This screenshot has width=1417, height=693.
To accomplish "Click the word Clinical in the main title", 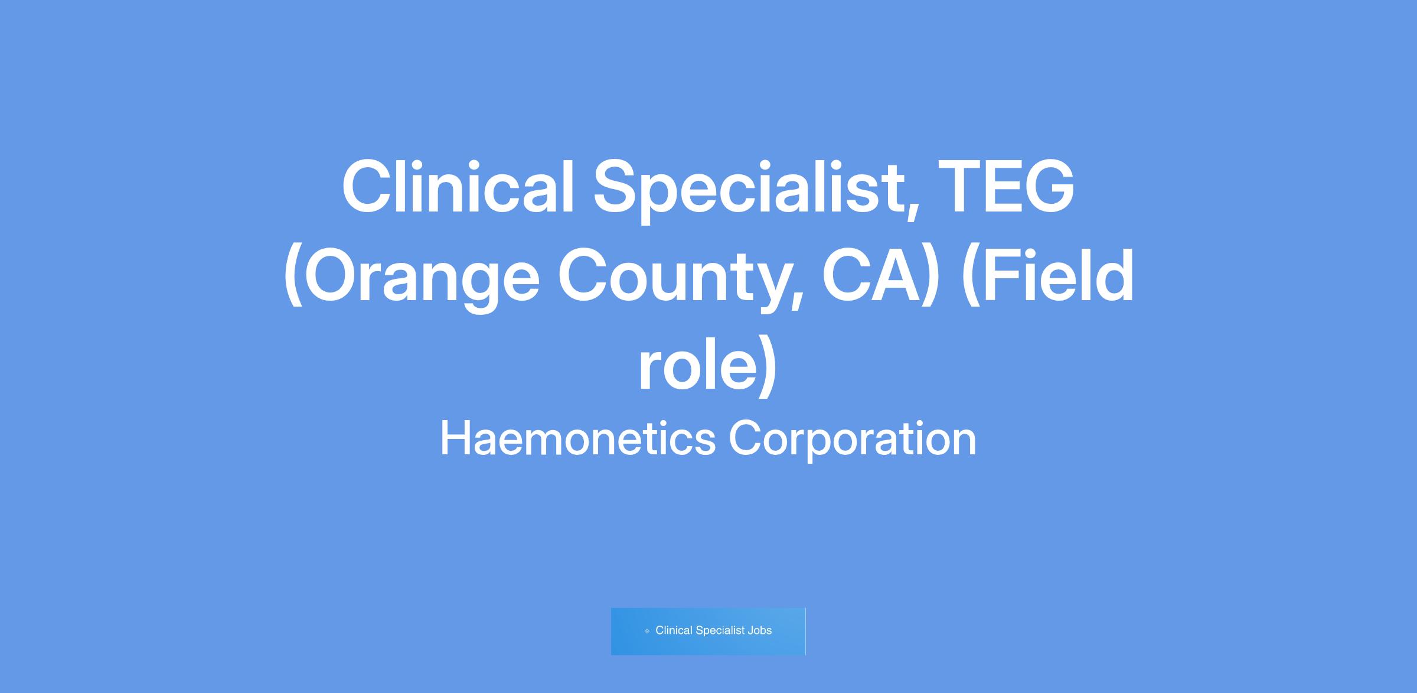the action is coord(458,187).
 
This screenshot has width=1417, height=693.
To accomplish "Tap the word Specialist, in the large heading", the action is coord(756,190).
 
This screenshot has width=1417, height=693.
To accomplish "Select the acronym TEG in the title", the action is coord(1005,187).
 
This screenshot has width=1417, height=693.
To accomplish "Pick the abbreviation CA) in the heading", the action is coord(880,277).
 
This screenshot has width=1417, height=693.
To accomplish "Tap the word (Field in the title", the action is coord(1047,276).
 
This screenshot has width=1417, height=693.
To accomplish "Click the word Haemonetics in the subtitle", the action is coord(578,439).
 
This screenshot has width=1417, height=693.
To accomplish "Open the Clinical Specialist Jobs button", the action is coord(708,631).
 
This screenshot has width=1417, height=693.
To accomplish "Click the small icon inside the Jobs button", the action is coord(647,631).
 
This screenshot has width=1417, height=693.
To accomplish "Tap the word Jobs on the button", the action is coord(760,630).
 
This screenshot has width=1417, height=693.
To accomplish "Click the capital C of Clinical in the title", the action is coord(368,187).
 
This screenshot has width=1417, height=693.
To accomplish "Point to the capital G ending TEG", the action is coord(1046,187).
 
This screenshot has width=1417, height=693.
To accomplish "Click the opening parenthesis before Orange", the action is coord(293,277).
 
